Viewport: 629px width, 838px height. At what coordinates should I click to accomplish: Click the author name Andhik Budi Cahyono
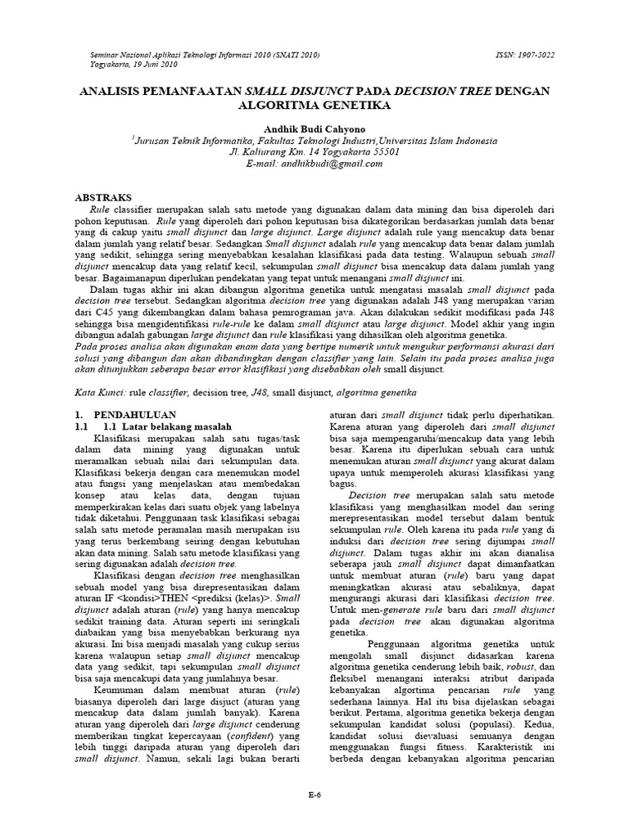[314, 128]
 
